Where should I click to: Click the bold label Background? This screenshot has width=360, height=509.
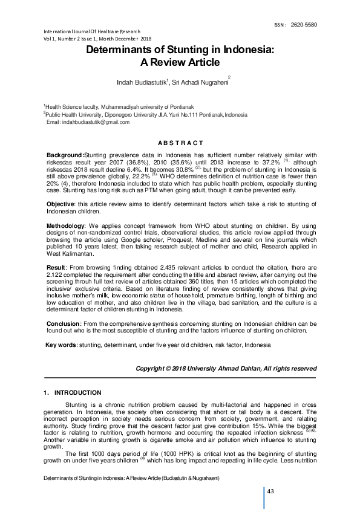65,156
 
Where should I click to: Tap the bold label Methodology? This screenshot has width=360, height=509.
67,224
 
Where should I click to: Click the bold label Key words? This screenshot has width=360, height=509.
61,345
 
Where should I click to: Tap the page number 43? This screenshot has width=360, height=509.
270,491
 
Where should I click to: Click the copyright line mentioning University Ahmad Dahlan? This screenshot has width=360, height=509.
226,368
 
